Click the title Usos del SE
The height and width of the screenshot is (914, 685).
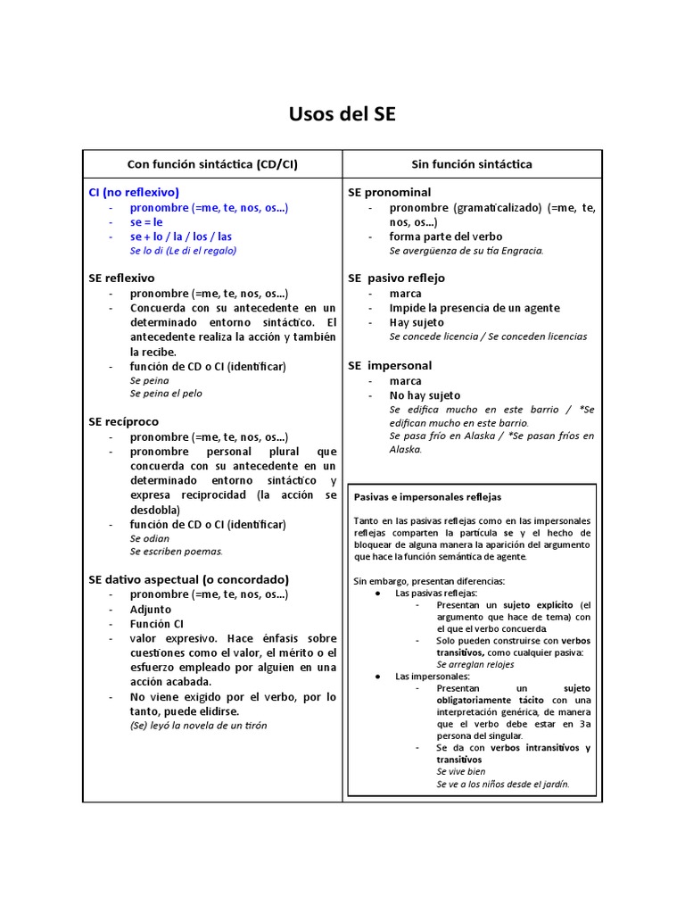pos(342,114)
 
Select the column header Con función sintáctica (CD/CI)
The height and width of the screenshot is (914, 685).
pos(213,164)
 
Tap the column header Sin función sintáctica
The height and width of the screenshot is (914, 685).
pos(472,164)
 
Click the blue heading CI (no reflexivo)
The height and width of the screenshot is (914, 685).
pos(134,192)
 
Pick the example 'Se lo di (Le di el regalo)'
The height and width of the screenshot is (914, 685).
pos(183,251)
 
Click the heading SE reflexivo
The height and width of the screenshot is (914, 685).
pos(121,278)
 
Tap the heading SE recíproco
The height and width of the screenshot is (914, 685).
pos(123,420)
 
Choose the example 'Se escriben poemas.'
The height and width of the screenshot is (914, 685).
pos(176,552)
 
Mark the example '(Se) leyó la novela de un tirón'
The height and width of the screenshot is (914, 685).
pos(198,726)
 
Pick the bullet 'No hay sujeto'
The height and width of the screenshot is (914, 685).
pos(425,395)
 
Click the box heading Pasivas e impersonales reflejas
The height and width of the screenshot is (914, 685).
pos(428,496)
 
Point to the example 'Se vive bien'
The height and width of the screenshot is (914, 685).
pos(461,771)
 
